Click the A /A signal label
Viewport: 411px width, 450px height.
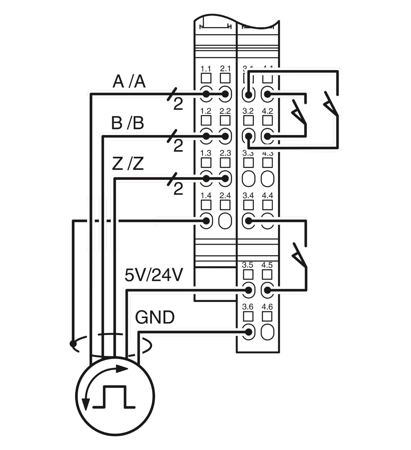click(x=129, y=82)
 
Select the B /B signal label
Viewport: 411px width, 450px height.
click(x=127, y=123)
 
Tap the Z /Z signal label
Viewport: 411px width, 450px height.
click(x=128, y=164)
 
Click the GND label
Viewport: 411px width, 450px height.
click(x=155, y=317)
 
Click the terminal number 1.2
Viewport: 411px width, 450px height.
click(x=206, y=111)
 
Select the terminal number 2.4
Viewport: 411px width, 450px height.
click(x=225, y=196)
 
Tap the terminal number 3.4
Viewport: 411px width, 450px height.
click(x=248, y=196)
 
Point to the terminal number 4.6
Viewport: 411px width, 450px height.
click(x=267, y=307)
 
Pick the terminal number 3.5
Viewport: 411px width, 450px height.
click(x=248, y=265)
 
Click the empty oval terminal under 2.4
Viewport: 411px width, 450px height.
click(x=225, y=221)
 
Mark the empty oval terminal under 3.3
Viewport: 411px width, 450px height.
click(x=248, y=179)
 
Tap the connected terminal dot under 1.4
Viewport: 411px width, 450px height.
click(x=206, y=221)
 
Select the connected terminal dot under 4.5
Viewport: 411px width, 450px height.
click(x=267, y=290)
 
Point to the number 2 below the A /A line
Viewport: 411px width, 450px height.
click(x=178, y=104)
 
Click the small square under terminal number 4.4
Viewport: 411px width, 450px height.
click(x=267, y=205)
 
